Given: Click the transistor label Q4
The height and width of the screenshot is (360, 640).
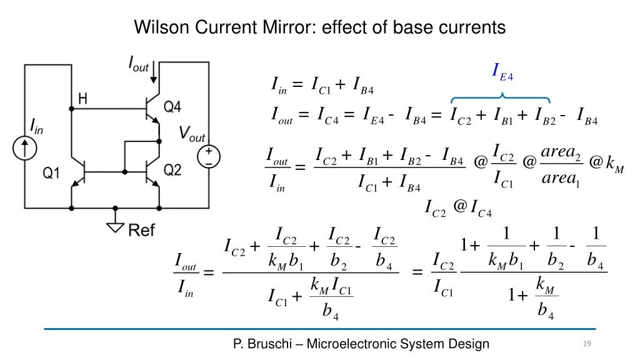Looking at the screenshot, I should click(x=172, y=107).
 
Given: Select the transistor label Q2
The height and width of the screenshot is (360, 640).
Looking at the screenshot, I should click(x=172, y=170).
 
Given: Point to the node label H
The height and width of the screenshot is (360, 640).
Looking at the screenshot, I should click(x=82, y=98).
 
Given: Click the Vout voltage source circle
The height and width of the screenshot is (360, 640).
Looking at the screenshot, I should click(x=207, y=156).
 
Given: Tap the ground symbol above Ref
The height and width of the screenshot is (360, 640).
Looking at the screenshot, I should click(x=114, y=224).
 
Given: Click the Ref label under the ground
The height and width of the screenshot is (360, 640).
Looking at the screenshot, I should click(x=141, y=231).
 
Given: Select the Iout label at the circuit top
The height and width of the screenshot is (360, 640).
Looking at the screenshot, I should click(x=138, y=63).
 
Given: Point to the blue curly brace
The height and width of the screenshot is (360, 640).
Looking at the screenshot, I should click(x=501, y=97).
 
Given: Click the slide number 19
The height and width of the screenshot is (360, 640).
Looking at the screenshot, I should click(x=586, y=344).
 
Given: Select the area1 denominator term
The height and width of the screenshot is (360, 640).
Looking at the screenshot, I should click(x=560, y=179).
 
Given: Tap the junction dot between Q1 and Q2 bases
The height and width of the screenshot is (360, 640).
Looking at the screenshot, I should click(x=125, y=171).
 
